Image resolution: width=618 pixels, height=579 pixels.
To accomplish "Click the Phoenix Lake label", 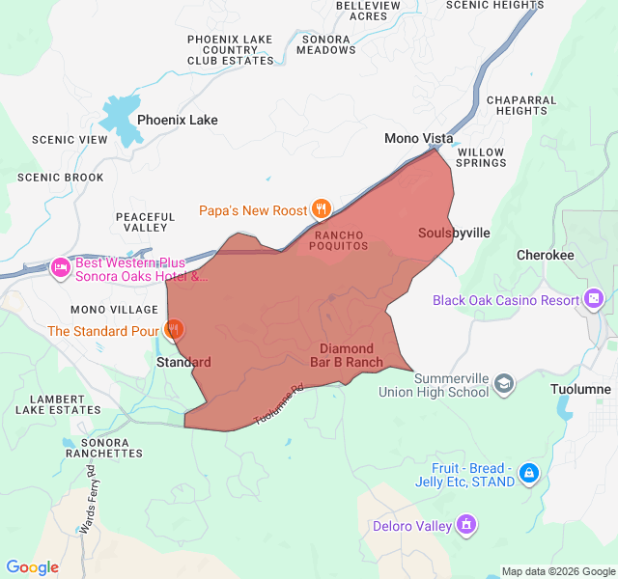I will pyautogui.click(x=177, y=121).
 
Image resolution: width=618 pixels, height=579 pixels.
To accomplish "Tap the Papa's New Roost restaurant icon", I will pyautogui.click(x=322, y=209).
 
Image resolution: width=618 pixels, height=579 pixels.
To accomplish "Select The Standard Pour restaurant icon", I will pyautogui.click(x=174, y=330).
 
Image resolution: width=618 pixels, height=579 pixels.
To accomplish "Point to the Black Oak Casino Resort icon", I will pyautogui.click(x=594, y=299).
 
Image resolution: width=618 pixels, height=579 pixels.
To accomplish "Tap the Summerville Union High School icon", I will pyautogui.click(x=503, y=385).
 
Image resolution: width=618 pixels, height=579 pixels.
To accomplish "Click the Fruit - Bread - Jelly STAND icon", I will pyautogui.click(x=528, y=473).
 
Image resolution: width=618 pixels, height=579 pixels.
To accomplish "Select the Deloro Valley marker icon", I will pyautogui.click(x=466, y=525).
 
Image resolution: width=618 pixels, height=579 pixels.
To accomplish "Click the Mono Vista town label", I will pyautogui.click(x=418, y=138).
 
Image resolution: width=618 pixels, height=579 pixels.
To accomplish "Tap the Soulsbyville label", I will pyautogui.click(x=454, y=234).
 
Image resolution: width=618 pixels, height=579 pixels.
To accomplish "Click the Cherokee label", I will pyautogui.click(x=545, y=256).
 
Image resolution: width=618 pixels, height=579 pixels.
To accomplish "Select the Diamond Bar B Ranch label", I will pyautogui.click(x=346, y=355).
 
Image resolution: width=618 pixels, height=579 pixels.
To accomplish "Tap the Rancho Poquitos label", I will pyautogui.click(x=338, y=240).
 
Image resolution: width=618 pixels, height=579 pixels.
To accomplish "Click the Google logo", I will pyautogui.click(x=33, y=567).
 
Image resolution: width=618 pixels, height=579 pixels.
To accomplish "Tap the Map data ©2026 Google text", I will pyautogui.click(x=557, y=570).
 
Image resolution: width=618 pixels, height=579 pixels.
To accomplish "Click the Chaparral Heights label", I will pyautogui.click(x=521, y=105).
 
